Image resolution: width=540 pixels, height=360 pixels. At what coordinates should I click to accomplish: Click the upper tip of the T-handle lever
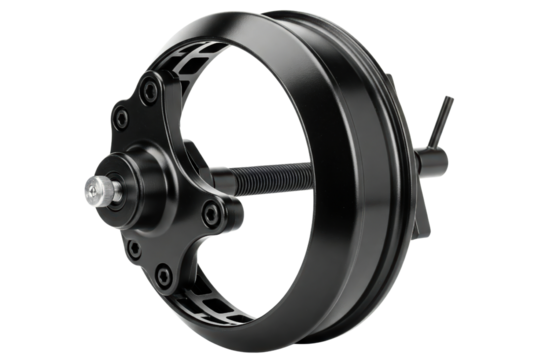tap(449, 99)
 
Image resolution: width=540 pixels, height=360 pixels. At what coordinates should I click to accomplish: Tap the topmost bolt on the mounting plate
tap(147, 92)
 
